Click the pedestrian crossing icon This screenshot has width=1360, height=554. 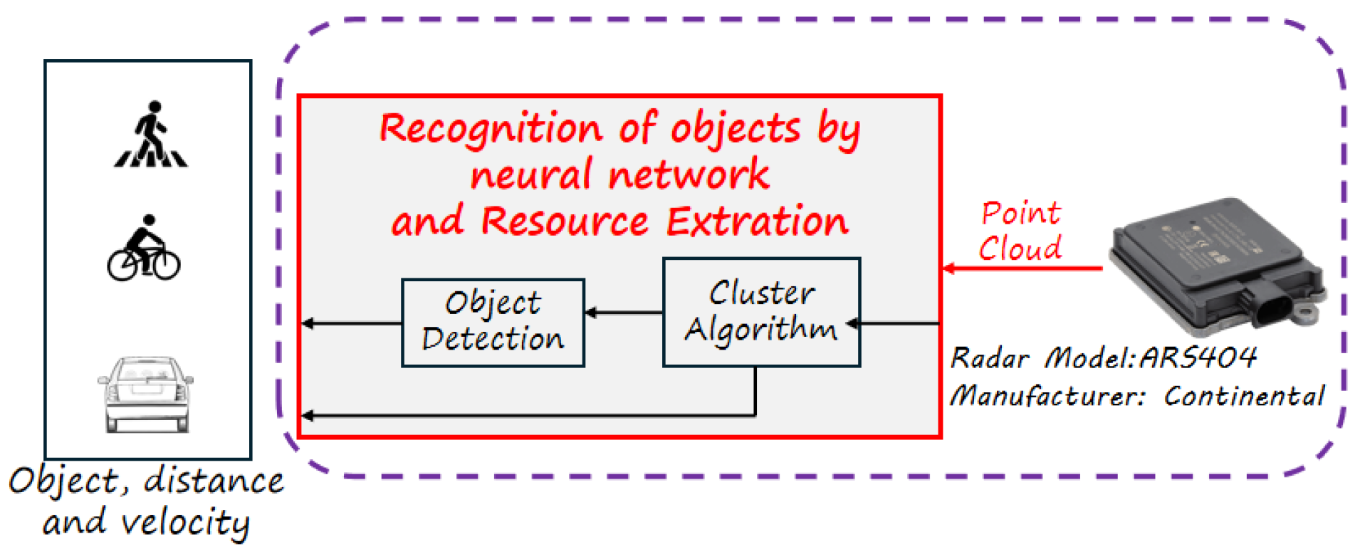click(151, 135)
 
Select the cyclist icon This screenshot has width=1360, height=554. click(144, 249)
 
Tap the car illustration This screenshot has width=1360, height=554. click(146, 394)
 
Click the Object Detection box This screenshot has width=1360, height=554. click(493, 323)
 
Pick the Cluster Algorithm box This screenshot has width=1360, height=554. click(761, 313)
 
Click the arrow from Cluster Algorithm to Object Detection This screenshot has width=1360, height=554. click(624, 312)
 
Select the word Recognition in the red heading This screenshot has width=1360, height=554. click(491, 129)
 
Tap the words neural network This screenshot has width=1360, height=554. click(619, 175)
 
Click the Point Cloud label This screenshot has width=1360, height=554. click(1020, 231)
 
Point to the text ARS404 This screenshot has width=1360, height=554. click(1198, 357)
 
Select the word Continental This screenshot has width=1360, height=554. click(1243, 396)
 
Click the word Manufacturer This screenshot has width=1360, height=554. click(1047, 396)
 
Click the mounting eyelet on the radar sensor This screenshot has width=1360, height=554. click(1308, 312)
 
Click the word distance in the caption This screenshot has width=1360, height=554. click(214, 481)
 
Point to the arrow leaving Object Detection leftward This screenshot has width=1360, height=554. click(352, 323)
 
